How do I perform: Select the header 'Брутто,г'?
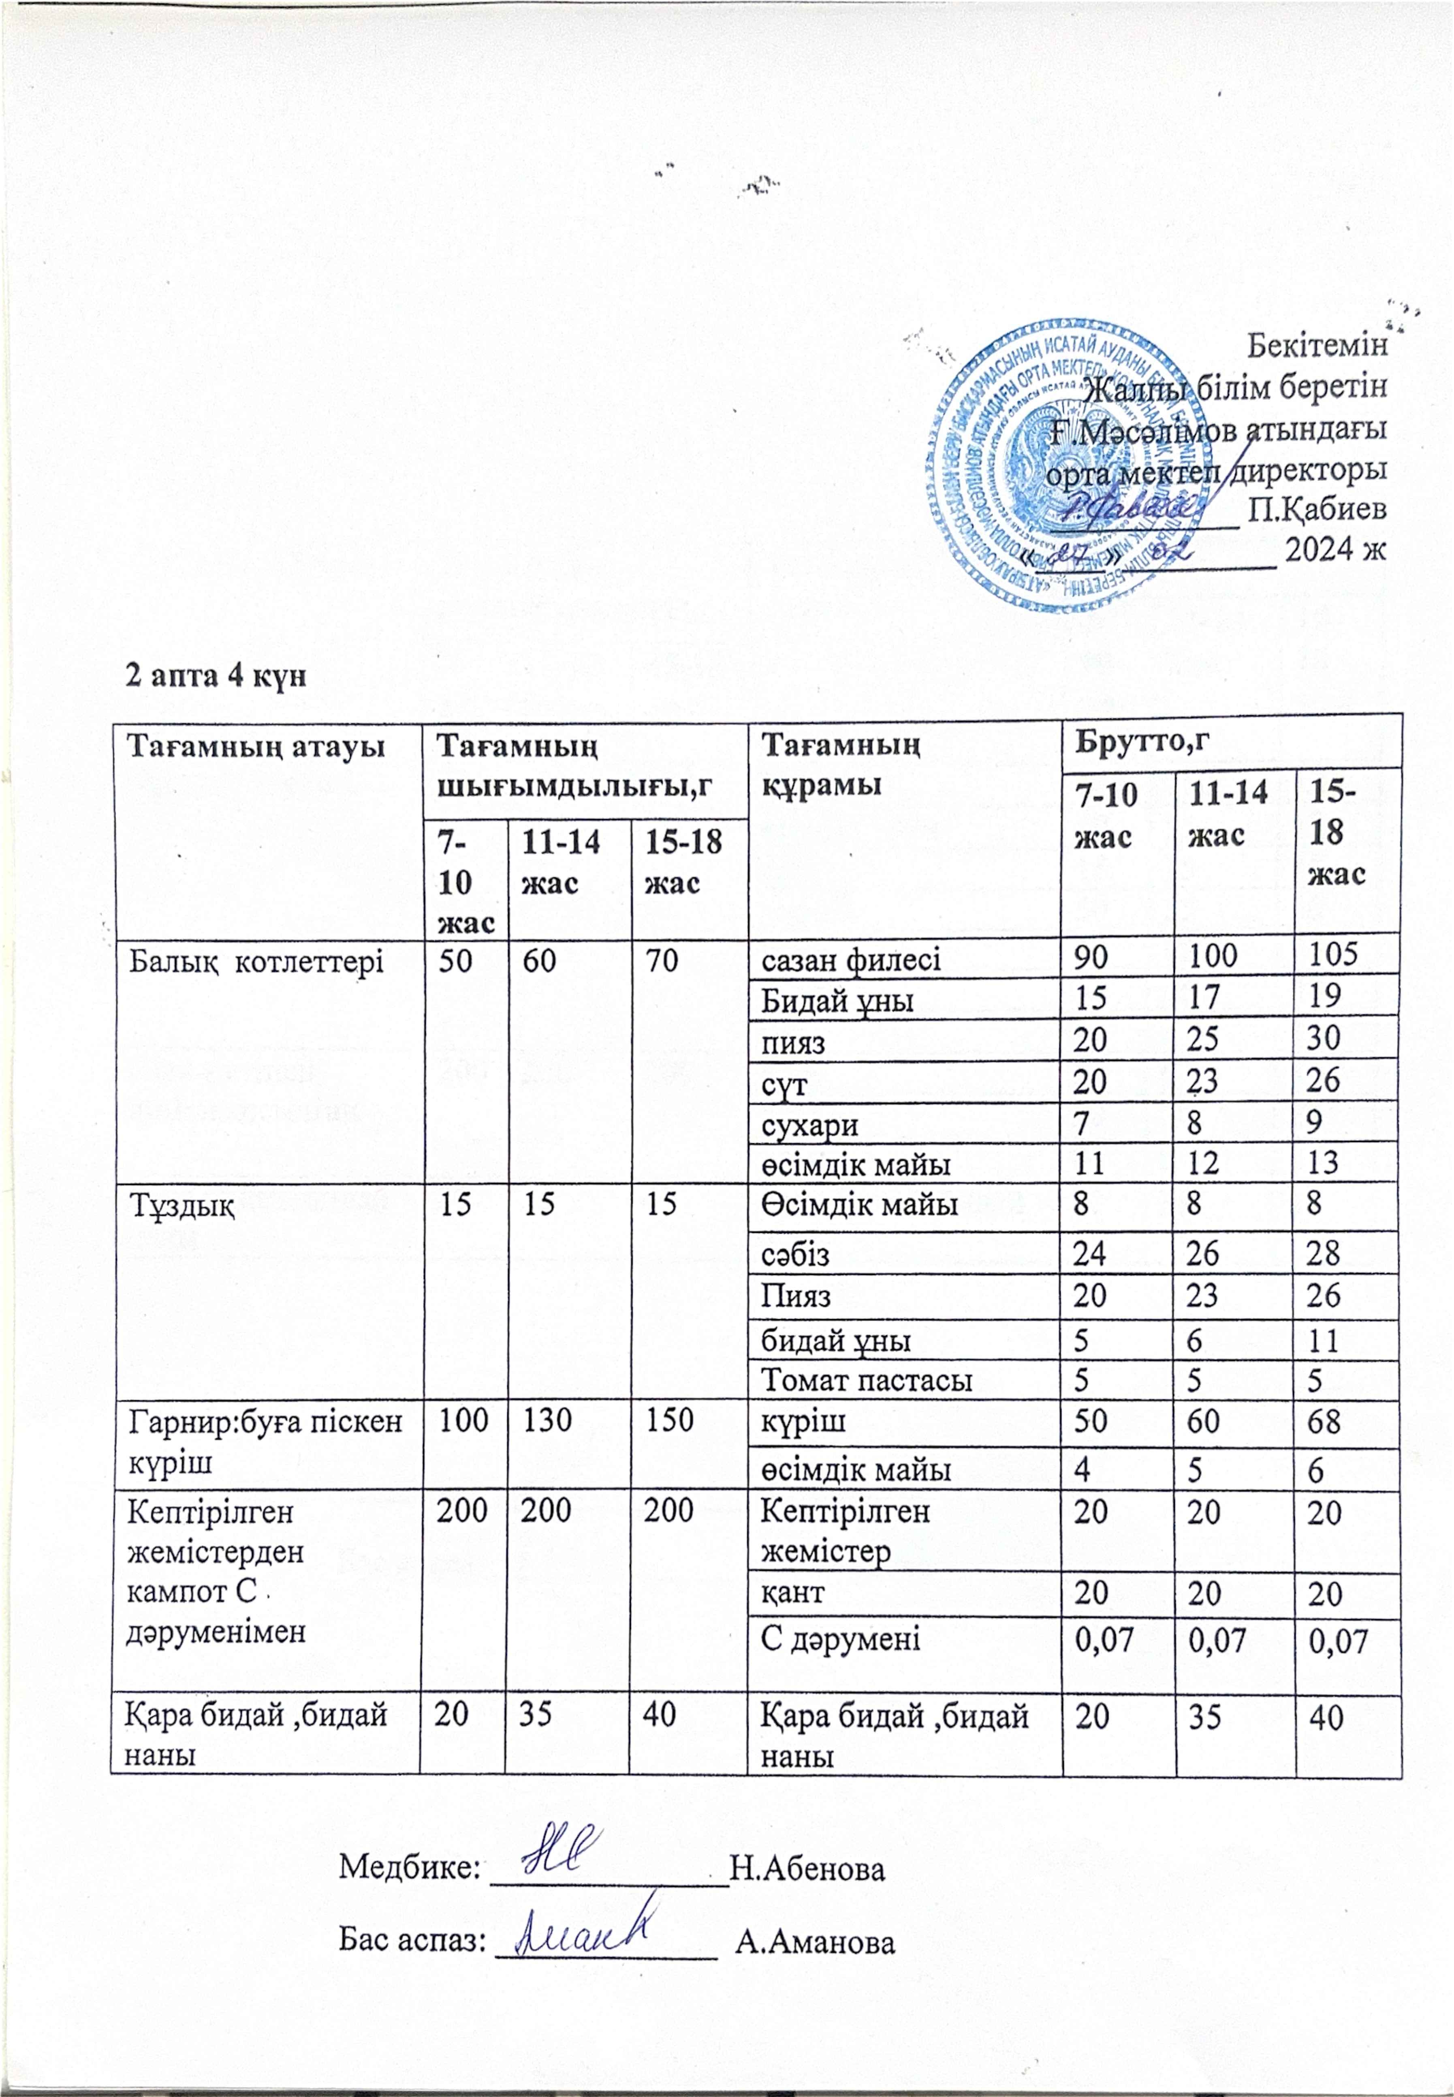(x=1144, y=741)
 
